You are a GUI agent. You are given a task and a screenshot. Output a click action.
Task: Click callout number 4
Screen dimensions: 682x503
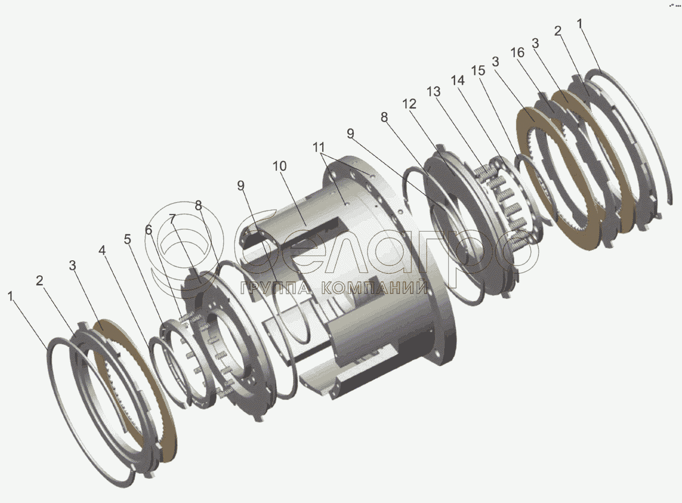pyautogui.click(x=102, y=250)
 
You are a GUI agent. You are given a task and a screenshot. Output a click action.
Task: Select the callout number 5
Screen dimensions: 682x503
pyautogui.click(x=127, y=239)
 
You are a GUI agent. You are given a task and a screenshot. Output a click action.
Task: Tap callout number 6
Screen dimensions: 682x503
pyautogui.click(x=149, y=230)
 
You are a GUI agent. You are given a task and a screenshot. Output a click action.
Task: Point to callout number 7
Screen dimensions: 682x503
pyautogui.click(x=172, y=219)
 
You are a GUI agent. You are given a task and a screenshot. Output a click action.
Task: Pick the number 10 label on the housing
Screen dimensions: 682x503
pyautogui.click(x=280, y=166)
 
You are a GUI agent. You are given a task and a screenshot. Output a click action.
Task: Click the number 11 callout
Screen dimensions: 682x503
pyautogui.click(x=319, y=148)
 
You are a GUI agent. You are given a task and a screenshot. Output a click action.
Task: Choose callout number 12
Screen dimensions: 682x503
pyautogui.click(x=409, y=104)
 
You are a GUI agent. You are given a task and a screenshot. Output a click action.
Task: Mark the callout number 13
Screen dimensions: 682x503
pyautogui.click(x=434, y=91)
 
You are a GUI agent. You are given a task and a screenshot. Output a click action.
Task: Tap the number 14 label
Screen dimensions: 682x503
pyautogui.click(x=458, y=81)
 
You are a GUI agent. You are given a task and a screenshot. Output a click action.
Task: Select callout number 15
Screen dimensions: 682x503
pyautogui.click(x=478, y=71)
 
